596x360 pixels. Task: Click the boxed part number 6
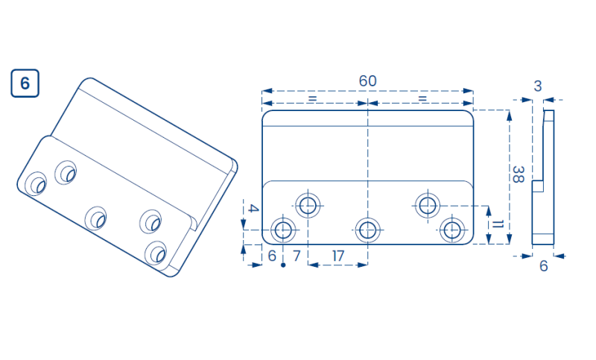click(x=25, y=83)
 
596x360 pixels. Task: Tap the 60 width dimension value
click(x=367, y=81)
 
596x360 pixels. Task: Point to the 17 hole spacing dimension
click(x=338, y=256)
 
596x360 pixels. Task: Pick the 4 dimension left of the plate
click(x=253, y=208)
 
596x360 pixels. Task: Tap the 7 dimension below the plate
click(x=297, y=256)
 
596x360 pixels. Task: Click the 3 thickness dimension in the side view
click(x=537, y=86)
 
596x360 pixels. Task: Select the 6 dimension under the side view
click(x=544, y=266)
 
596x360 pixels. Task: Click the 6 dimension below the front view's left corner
click(x=272, y=256)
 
